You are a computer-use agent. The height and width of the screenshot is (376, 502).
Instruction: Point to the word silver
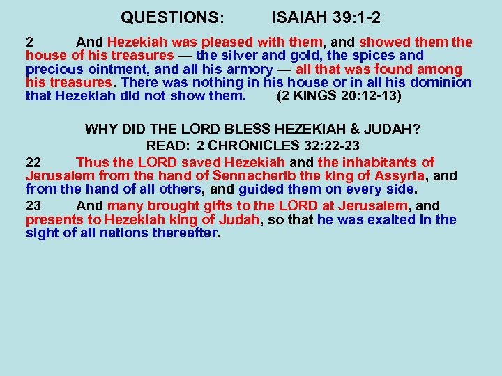pos(245,55)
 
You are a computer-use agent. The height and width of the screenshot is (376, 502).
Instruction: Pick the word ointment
pos(115,69)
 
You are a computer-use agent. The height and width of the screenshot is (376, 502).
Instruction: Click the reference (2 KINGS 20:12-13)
pos(339,96)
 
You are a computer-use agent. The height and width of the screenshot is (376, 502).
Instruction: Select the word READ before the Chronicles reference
pos(166,146)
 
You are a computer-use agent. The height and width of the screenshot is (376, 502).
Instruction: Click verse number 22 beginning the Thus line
pos(33,162)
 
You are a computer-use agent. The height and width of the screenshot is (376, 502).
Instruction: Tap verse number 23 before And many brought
pos(33,205)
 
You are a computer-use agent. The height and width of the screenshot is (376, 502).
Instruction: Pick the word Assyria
pos(399,176)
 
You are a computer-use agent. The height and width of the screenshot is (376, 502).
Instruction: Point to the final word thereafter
pos(183,233)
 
